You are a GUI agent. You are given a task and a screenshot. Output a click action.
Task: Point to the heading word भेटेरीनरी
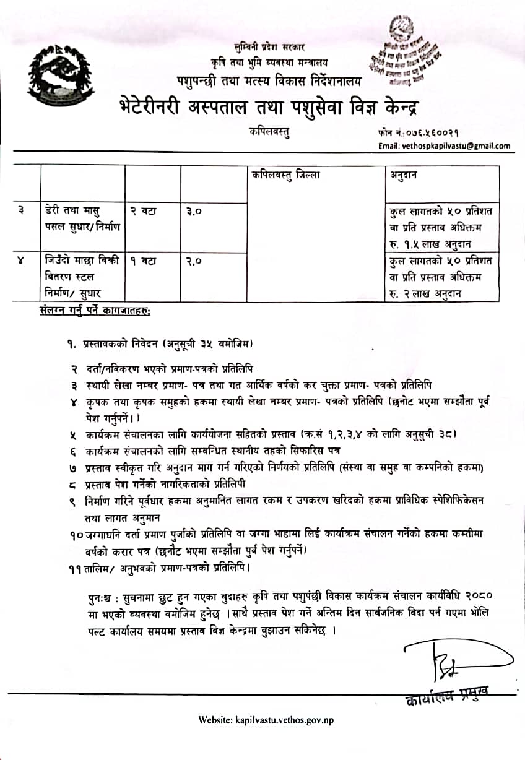164,107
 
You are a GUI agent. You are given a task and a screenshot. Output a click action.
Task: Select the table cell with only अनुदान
404,175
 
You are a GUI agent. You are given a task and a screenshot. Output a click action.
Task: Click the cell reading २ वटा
144,211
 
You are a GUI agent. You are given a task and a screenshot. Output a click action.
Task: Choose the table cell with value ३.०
194,211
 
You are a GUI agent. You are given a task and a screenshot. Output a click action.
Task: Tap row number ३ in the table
22,211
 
